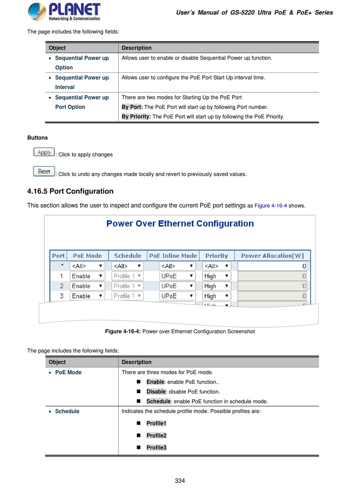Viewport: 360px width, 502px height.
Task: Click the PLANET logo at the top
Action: click(64, 12)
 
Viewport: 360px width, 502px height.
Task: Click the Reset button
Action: click(44, 171)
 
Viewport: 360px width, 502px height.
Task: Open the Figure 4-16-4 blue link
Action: click(271, 206)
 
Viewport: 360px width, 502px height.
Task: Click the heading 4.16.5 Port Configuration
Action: click(70, 191)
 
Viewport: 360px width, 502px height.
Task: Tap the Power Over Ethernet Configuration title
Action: click(180, 224)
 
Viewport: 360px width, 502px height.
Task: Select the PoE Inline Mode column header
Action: click(173, 256)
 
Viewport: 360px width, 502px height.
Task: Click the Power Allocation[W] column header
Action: click(272, 256)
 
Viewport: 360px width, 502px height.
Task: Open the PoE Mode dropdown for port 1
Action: click(87, 276)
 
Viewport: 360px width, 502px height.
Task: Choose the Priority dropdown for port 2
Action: click(216, 286)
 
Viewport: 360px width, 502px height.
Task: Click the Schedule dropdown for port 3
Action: click(127, 296)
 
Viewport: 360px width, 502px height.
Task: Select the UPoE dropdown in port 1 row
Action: click(177, 276)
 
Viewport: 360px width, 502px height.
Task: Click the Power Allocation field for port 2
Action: click(272, 286)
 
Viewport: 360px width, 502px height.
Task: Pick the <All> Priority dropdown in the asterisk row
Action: click(216, 266)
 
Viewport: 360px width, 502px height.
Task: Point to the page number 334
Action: click(180, 481)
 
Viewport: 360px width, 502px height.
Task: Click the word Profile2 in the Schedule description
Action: click(157, 436)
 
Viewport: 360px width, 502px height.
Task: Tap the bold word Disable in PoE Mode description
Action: click(156, 392)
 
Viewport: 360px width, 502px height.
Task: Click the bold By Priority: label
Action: click(136, 117)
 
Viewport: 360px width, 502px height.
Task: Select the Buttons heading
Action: click(38, 138)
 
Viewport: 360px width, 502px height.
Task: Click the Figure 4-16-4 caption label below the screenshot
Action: click(123, 331)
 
